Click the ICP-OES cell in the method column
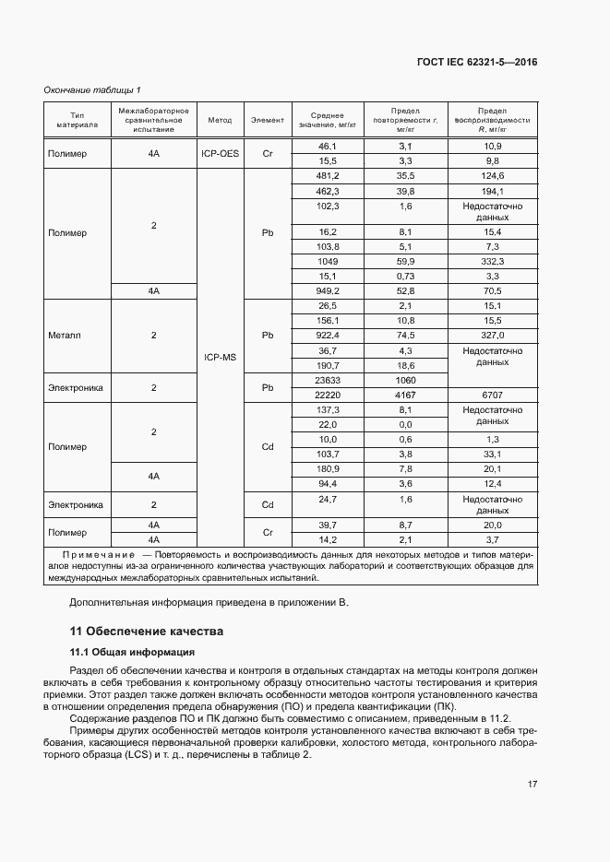[x=220, y=154]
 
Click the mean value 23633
[x=328, y=380]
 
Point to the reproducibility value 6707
[x=492, y=395]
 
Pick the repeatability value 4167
[x=405, y=395]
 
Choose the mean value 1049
[x=328, y=262]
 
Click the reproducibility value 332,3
[x=492, y=262]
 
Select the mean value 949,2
[x=328, y=291]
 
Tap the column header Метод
[x=220, y=120]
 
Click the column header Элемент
[x=268, y=120]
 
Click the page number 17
[x=532, y=785]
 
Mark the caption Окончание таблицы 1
[x=92, y=89]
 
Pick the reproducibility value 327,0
[x=492, y=336]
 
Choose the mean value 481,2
[x=328, y=176]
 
